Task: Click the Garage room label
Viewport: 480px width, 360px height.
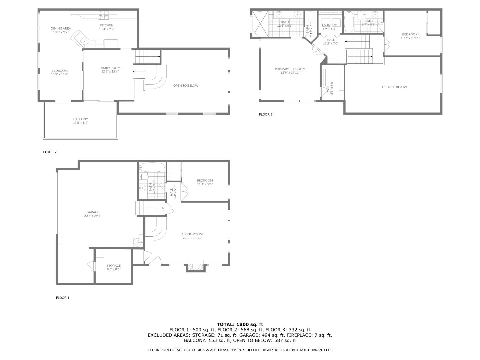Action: (x=93, y=212)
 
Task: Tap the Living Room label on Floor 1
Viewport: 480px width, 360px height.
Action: (x=192, y=234)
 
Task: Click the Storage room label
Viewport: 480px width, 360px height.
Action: (x=114, y=266)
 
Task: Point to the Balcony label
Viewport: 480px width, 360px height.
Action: (x=81, y=119)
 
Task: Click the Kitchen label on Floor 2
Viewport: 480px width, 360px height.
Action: (x=106, y=25)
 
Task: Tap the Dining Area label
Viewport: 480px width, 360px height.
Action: (x=61, y=28)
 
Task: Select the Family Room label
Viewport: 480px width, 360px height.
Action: (x=110, y=68)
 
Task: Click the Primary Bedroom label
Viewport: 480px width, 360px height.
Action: (x=290, y=69)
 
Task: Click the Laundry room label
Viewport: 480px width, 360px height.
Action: (x=329, y=25)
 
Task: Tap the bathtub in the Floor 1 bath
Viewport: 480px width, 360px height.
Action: (x=152, y=167)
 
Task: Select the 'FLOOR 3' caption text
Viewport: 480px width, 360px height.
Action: (x=266, y=115)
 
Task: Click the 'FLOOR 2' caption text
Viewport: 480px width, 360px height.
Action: (x=50, y=152)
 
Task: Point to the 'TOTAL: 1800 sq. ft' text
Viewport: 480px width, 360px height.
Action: (x=240, y=324)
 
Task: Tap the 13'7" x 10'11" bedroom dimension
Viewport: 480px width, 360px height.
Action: (x=410, y=38)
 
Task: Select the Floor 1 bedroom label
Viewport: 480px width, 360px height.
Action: (x=205, y=180)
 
